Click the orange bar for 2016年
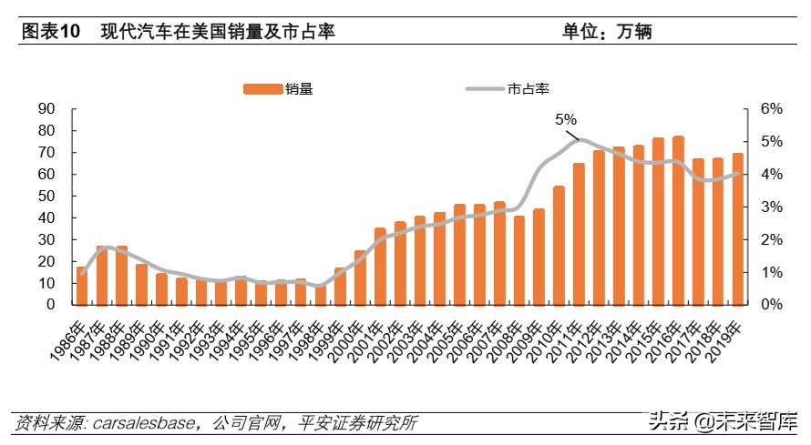coord(678,221)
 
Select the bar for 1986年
coord(82,286)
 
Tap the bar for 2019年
coord(737,229)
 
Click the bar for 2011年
coord(579,234)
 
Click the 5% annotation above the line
coord(566,119)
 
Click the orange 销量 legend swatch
coord(263,88)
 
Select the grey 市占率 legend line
coord(486,88)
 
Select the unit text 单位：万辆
coord(608,32)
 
